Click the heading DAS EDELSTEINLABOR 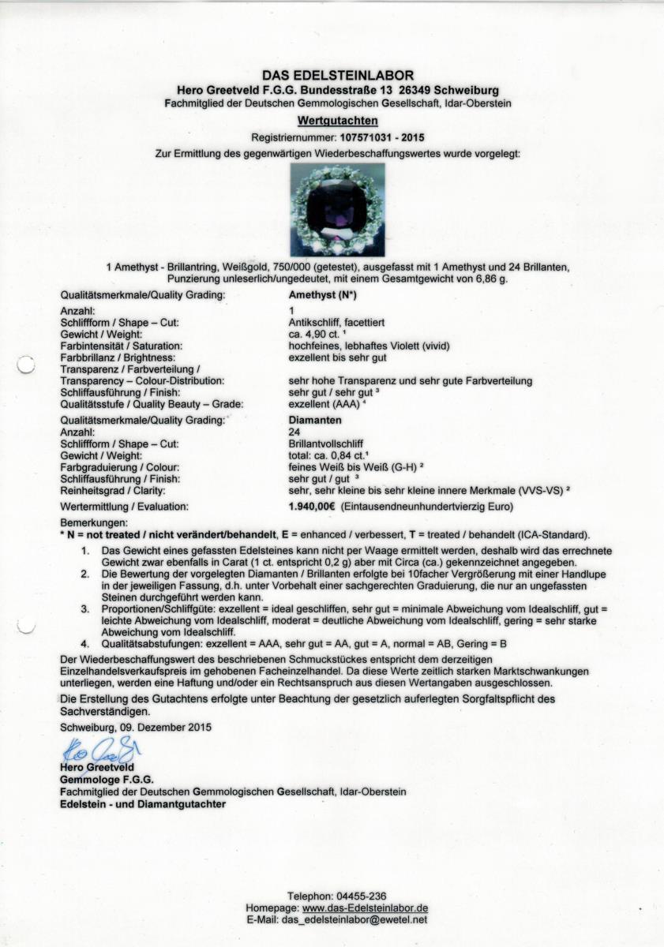point(331,76)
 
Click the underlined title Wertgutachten point(332,121)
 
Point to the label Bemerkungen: point(93,523)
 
